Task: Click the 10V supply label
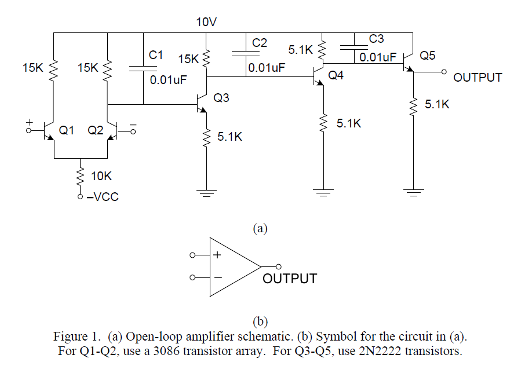click(206, 22)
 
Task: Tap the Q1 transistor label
click(67, 130)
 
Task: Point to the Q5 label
click(428, 56)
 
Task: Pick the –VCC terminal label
click(103, 197)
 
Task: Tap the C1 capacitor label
click(156, 55)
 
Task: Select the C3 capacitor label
click(376, 39)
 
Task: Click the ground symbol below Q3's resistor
click(206, 192)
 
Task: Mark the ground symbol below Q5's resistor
click(413, 192)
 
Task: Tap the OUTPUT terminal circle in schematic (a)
click(444, 72)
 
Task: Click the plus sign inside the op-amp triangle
click(217, 255)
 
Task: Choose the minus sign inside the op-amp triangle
click(218, 277)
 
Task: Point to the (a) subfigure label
click(260, 228)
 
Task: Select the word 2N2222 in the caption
click(380, 351)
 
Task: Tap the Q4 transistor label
click(336, 75)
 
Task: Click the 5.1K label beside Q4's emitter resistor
click(349, 123)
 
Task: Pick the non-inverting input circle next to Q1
click(28, 130)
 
